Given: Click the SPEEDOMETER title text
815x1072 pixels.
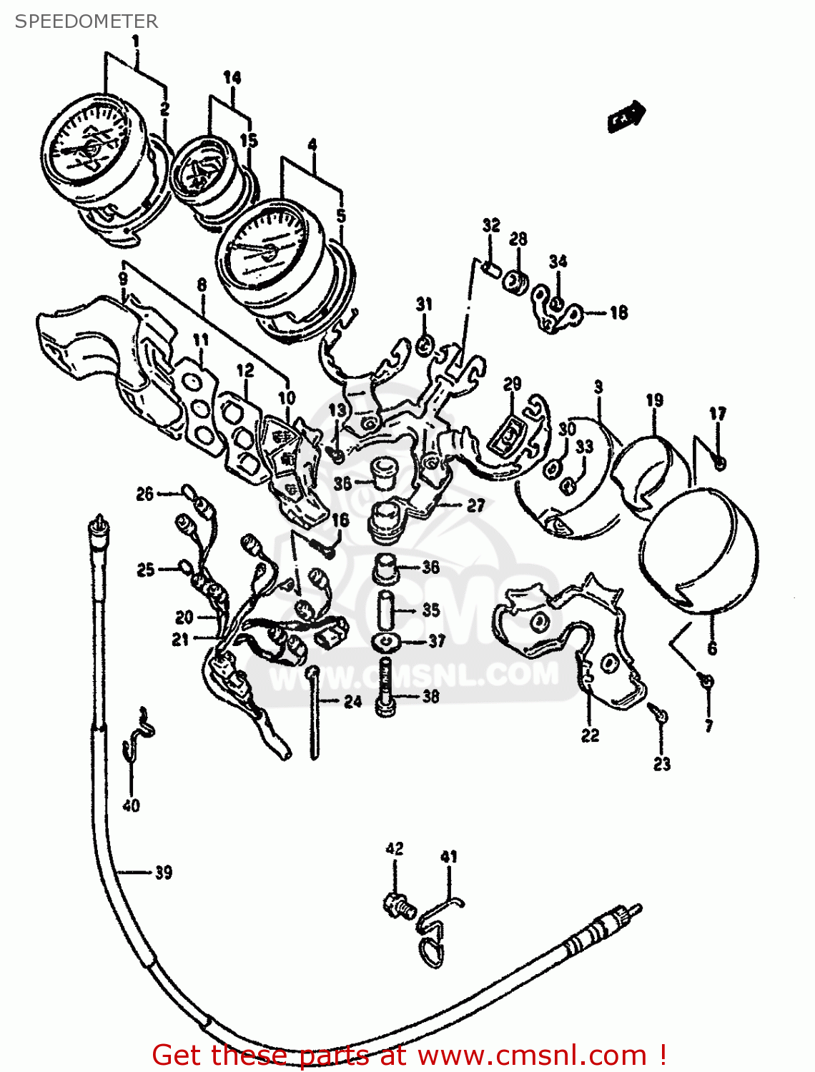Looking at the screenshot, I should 87,21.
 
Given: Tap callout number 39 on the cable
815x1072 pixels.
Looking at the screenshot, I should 164,873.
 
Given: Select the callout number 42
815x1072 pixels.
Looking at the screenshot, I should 395,848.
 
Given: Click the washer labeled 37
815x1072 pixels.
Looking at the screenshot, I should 386,642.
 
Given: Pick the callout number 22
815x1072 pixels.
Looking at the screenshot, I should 590,735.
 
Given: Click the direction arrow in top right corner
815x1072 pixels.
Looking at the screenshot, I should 626,116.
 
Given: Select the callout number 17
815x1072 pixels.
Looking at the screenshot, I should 718,414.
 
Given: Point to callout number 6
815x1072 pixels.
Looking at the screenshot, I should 712,649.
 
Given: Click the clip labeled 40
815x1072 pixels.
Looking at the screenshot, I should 139,733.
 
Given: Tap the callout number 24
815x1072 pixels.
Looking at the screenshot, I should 353,701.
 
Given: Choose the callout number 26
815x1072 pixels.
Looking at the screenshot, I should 145,494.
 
